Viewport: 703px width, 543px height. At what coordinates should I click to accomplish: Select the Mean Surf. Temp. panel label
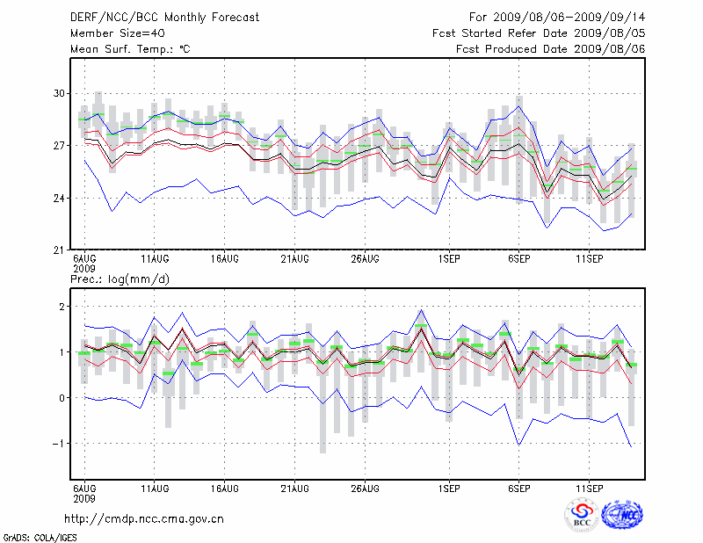pos(130,49)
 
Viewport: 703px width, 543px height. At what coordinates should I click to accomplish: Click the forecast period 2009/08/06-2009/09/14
pos(557,17)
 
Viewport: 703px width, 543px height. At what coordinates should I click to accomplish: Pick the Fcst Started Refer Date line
pos(539,33)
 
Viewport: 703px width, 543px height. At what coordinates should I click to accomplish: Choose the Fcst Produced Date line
pos(551,49)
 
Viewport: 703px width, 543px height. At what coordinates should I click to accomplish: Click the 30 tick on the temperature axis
pos(60,93)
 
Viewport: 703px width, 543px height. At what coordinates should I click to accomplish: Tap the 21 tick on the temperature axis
pos(60,250)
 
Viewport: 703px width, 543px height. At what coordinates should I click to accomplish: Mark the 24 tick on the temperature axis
pos(60,198)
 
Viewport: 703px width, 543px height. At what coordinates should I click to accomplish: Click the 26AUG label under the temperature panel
pos(365,260)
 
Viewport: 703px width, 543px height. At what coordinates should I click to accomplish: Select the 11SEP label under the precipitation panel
pos(588,487)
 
